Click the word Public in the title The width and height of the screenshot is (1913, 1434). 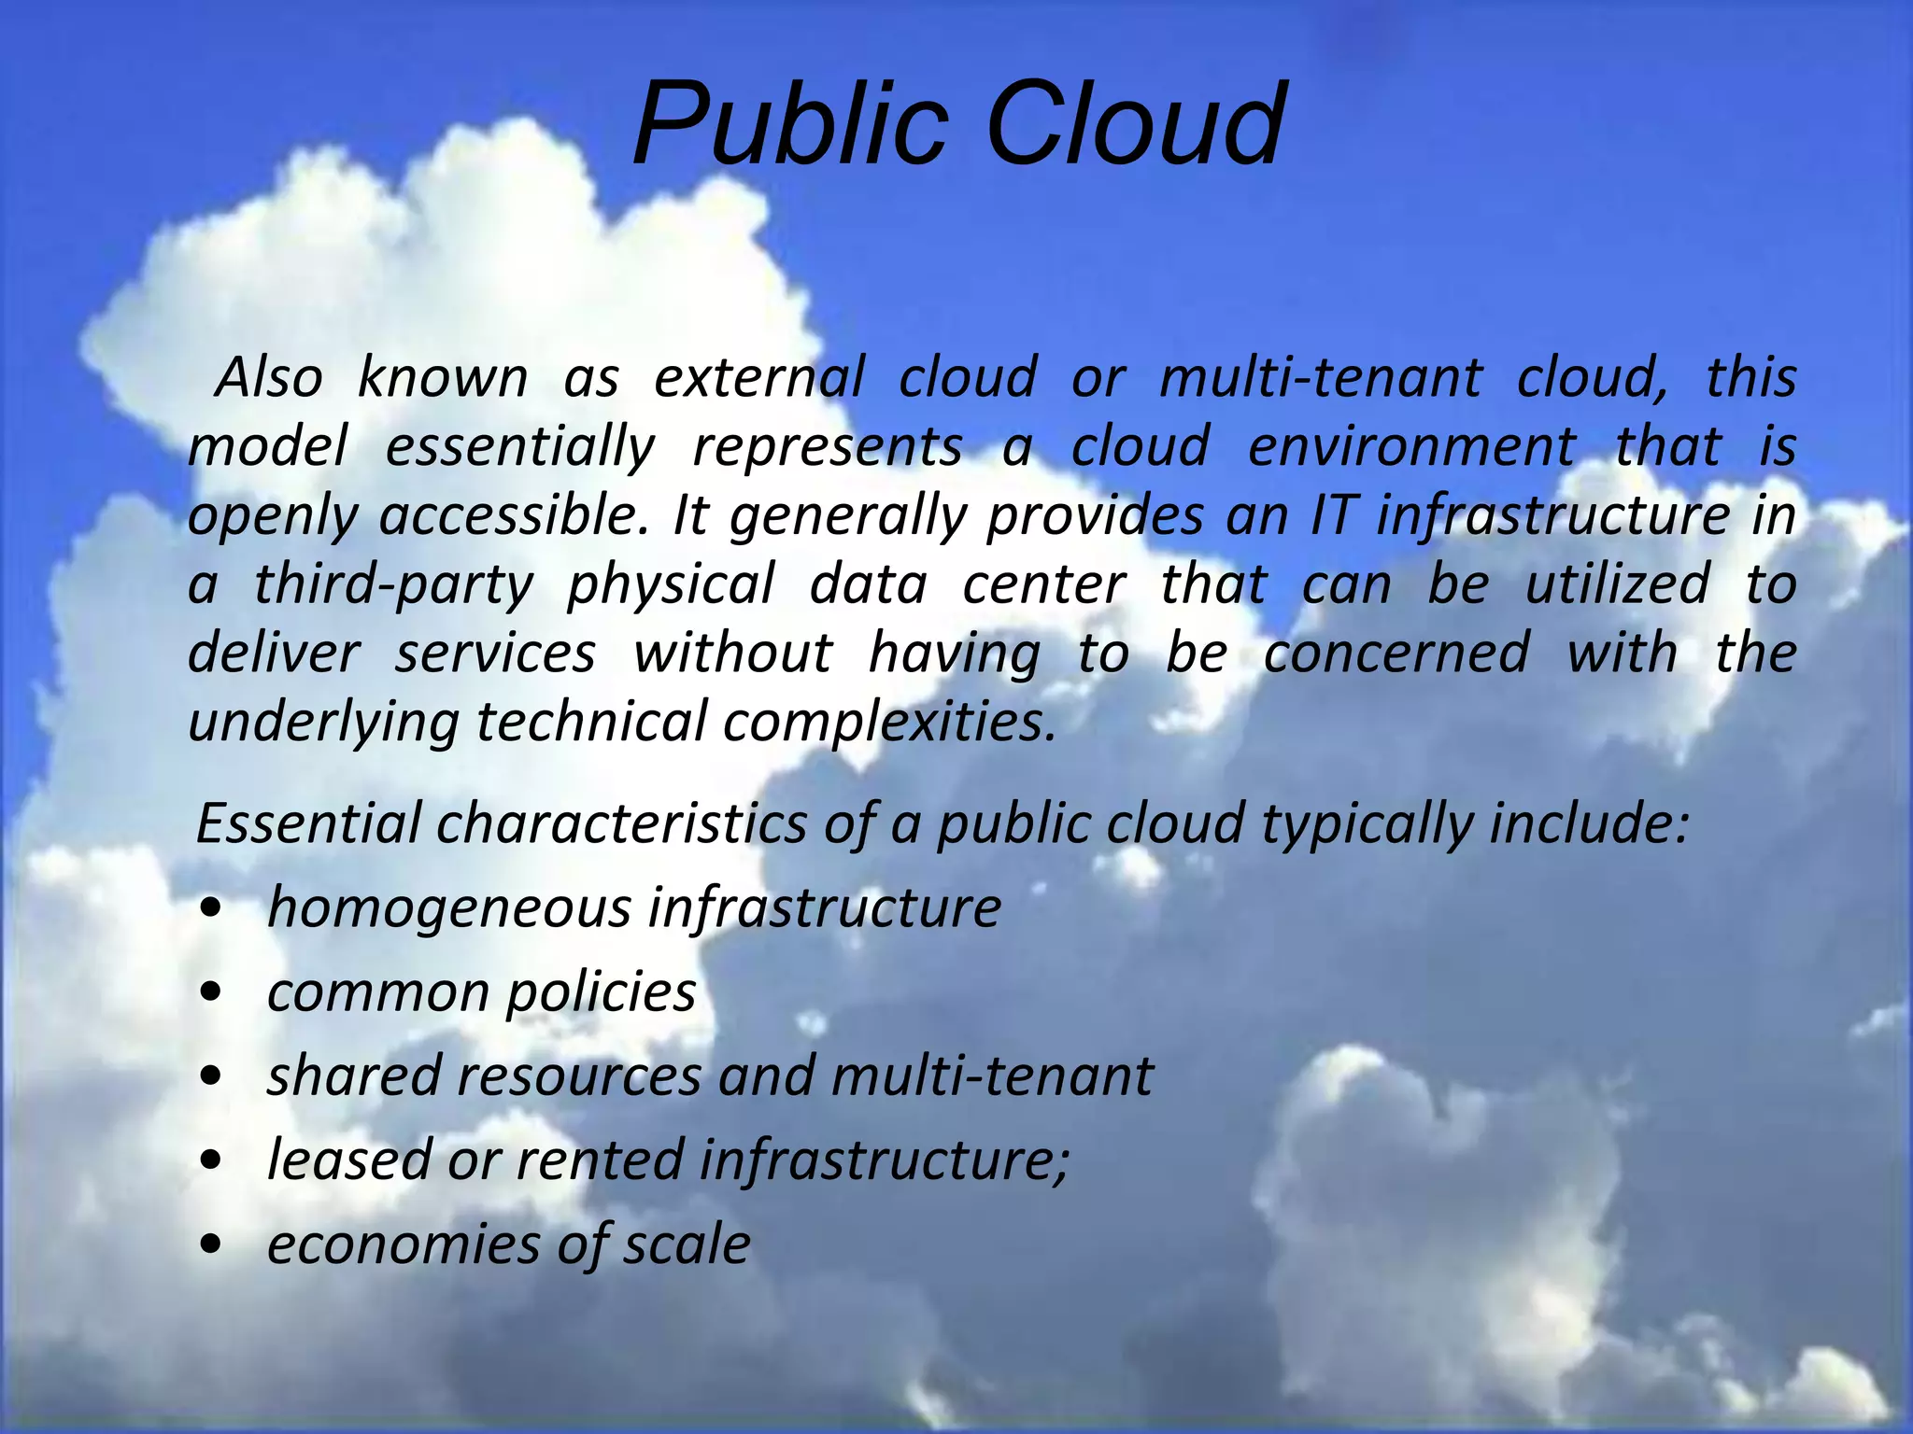point(789,124)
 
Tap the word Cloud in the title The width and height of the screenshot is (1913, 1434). point(1134,124)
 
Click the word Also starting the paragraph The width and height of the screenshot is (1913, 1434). point(269,378)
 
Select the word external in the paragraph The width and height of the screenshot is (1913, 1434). point(759,378)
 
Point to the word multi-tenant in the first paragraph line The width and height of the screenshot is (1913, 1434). point(1321,378)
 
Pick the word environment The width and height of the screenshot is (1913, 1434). point(1411,447)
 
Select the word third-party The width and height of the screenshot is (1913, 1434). point(393,585)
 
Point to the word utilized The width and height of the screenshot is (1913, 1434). point(1617,584)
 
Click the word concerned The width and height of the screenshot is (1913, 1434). point(1396,653)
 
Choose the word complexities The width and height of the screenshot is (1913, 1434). point(889,722)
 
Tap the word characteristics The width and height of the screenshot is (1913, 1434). point(621,824)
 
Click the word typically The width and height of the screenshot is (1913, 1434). point(1366,825)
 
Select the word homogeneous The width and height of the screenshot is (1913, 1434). point(449,907)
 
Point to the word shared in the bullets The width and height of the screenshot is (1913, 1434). point(354,1075)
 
